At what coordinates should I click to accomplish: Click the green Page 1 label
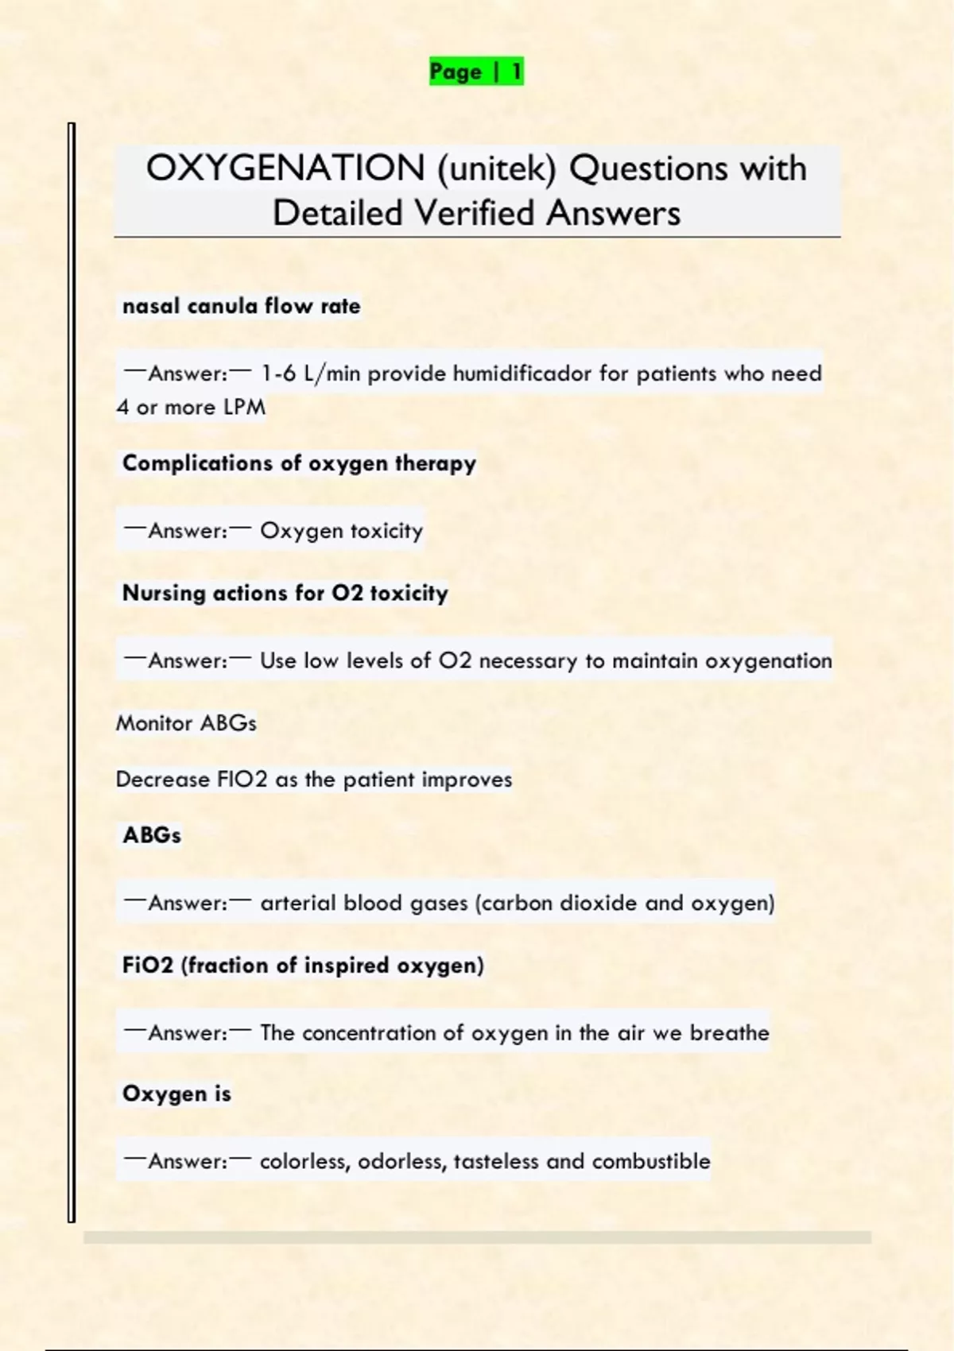point(475,72)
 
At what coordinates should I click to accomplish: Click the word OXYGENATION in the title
point(285,168)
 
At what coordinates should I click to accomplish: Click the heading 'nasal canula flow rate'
point(241,307)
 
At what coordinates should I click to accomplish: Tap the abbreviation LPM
point(244,408)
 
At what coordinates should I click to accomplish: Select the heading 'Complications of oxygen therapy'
point(299,463)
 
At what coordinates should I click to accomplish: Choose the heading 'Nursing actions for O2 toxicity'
point(285,593)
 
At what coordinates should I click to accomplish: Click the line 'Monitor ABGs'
point(186,723)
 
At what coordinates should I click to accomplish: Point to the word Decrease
point(162,780)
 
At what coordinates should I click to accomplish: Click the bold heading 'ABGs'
point(152,835)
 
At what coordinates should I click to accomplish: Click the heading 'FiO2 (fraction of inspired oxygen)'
point(303,966)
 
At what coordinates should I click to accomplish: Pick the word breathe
point(729,1033)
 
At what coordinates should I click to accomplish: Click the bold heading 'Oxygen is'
point(176,1094)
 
